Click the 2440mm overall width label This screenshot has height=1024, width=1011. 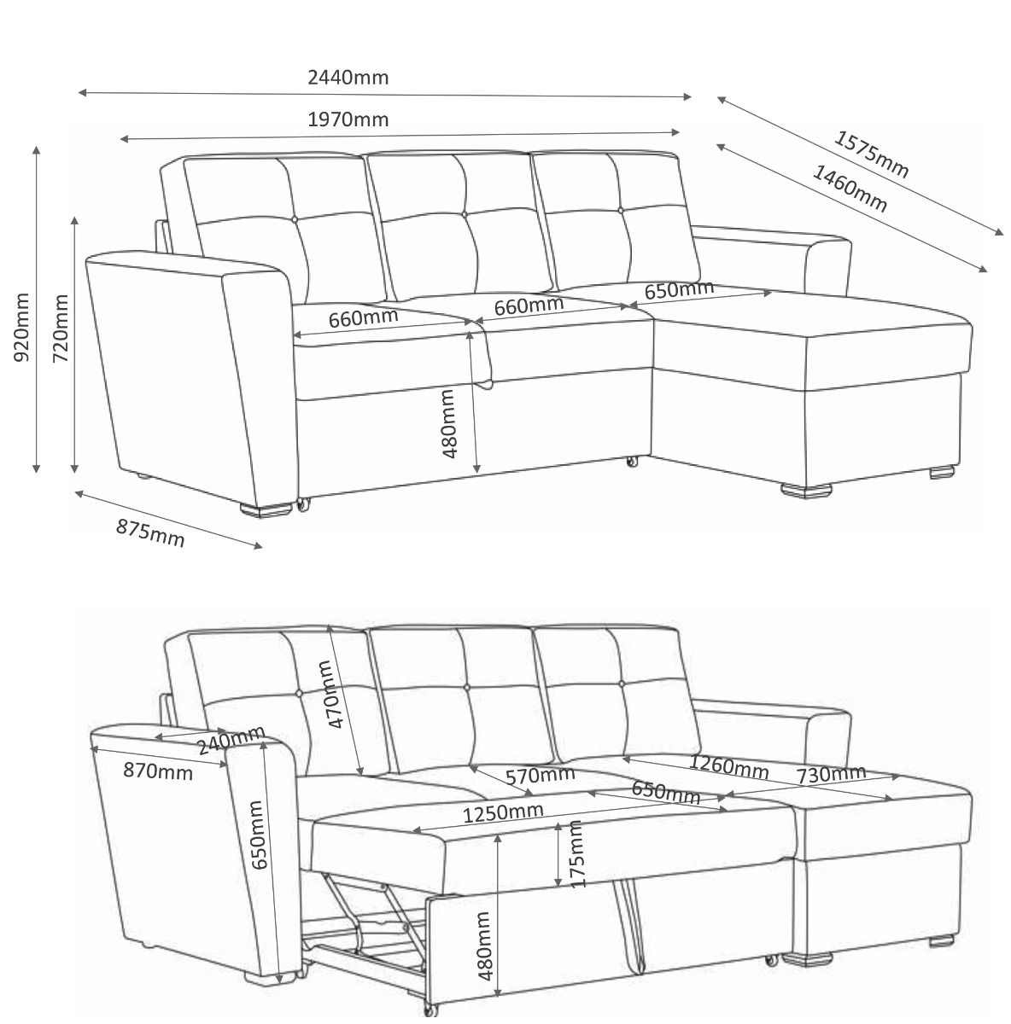(348, 78)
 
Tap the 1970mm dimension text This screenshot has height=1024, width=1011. (348, 119)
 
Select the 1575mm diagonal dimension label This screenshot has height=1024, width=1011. (871, 154)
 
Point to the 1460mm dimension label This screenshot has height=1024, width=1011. (850, 189)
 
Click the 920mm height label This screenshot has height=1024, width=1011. (20, 327)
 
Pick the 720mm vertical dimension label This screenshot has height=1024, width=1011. (61, 328)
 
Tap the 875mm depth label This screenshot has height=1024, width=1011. (150, 533)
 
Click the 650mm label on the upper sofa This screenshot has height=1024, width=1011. (679, 289)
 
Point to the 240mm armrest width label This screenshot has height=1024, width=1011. (231, 739)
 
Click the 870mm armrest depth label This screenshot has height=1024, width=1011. (157, 771)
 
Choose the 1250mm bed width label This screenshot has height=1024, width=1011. (503, 812)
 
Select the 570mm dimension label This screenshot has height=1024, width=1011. (540, 776)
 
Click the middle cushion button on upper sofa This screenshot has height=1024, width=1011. (465, 215)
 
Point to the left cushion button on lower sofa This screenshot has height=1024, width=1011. (298, 693)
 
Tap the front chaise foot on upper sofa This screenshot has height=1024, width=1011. (806, 490)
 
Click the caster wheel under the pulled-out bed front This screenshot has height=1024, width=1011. (430, 1007)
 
